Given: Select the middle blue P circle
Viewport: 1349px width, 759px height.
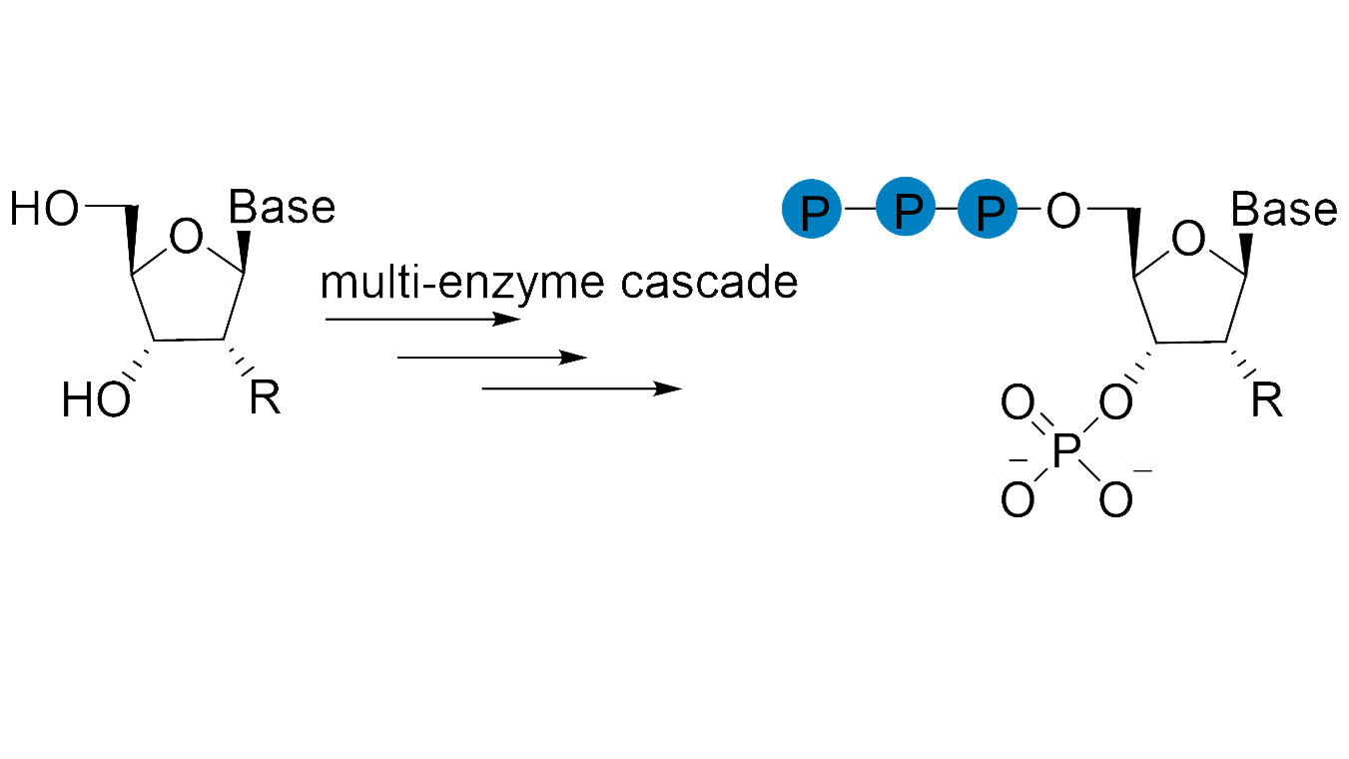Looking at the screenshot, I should tap(905, 210).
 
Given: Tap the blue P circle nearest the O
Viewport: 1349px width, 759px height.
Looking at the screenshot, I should tap(987, 210).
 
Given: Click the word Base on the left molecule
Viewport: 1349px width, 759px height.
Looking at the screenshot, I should tap(282, 208).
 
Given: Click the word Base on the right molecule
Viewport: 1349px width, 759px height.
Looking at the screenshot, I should tap(1283, 210).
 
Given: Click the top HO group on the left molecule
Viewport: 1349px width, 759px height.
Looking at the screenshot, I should tap(44, 210).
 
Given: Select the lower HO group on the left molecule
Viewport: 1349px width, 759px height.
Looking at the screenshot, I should tap(96, 401).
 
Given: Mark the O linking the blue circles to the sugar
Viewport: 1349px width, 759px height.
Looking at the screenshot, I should tap(1063, 211).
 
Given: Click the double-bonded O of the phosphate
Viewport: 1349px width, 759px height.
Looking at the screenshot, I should tap(1017, 404).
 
